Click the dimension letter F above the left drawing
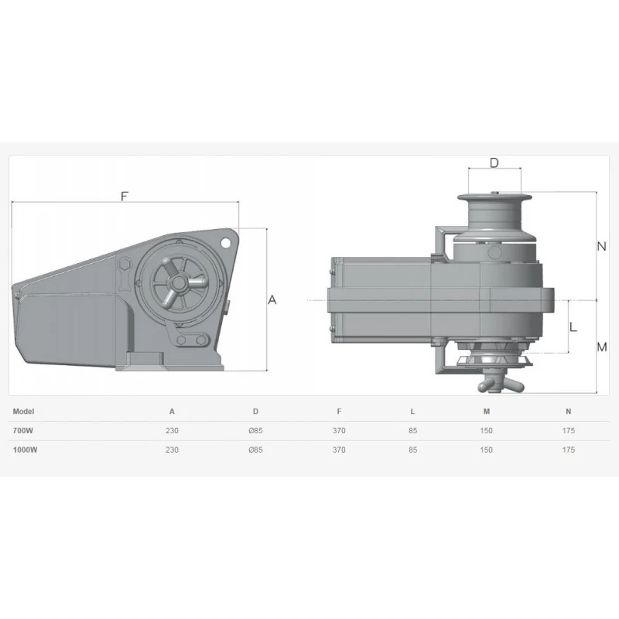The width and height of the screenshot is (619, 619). click(124, 196)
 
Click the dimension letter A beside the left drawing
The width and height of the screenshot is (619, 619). click(272, 300)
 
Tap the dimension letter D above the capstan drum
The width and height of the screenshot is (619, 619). click(494, 162)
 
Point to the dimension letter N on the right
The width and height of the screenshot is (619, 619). click(601, 247)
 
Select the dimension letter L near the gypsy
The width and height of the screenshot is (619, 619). click(573, 327)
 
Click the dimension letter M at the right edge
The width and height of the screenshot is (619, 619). click(602, 347)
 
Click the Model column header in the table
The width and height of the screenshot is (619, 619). click(25, 412)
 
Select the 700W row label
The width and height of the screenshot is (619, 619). click(25, 430)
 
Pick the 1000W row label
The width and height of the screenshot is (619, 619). click(26, 450)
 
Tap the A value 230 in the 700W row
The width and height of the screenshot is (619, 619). click(172, 430)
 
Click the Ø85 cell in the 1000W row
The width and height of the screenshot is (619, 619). click(255, 450)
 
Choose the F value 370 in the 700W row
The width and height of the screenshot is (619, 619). click(339, 430)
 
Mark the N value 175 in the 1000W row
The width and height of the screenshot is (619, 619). click(569, 450)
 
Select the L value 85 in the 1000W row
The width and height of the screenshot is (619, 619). click(412, 450)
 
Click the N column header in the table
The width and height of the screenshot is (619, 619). click(569, 412)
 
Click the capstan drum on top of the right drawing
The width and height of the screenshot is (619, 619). click(494, 209)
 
